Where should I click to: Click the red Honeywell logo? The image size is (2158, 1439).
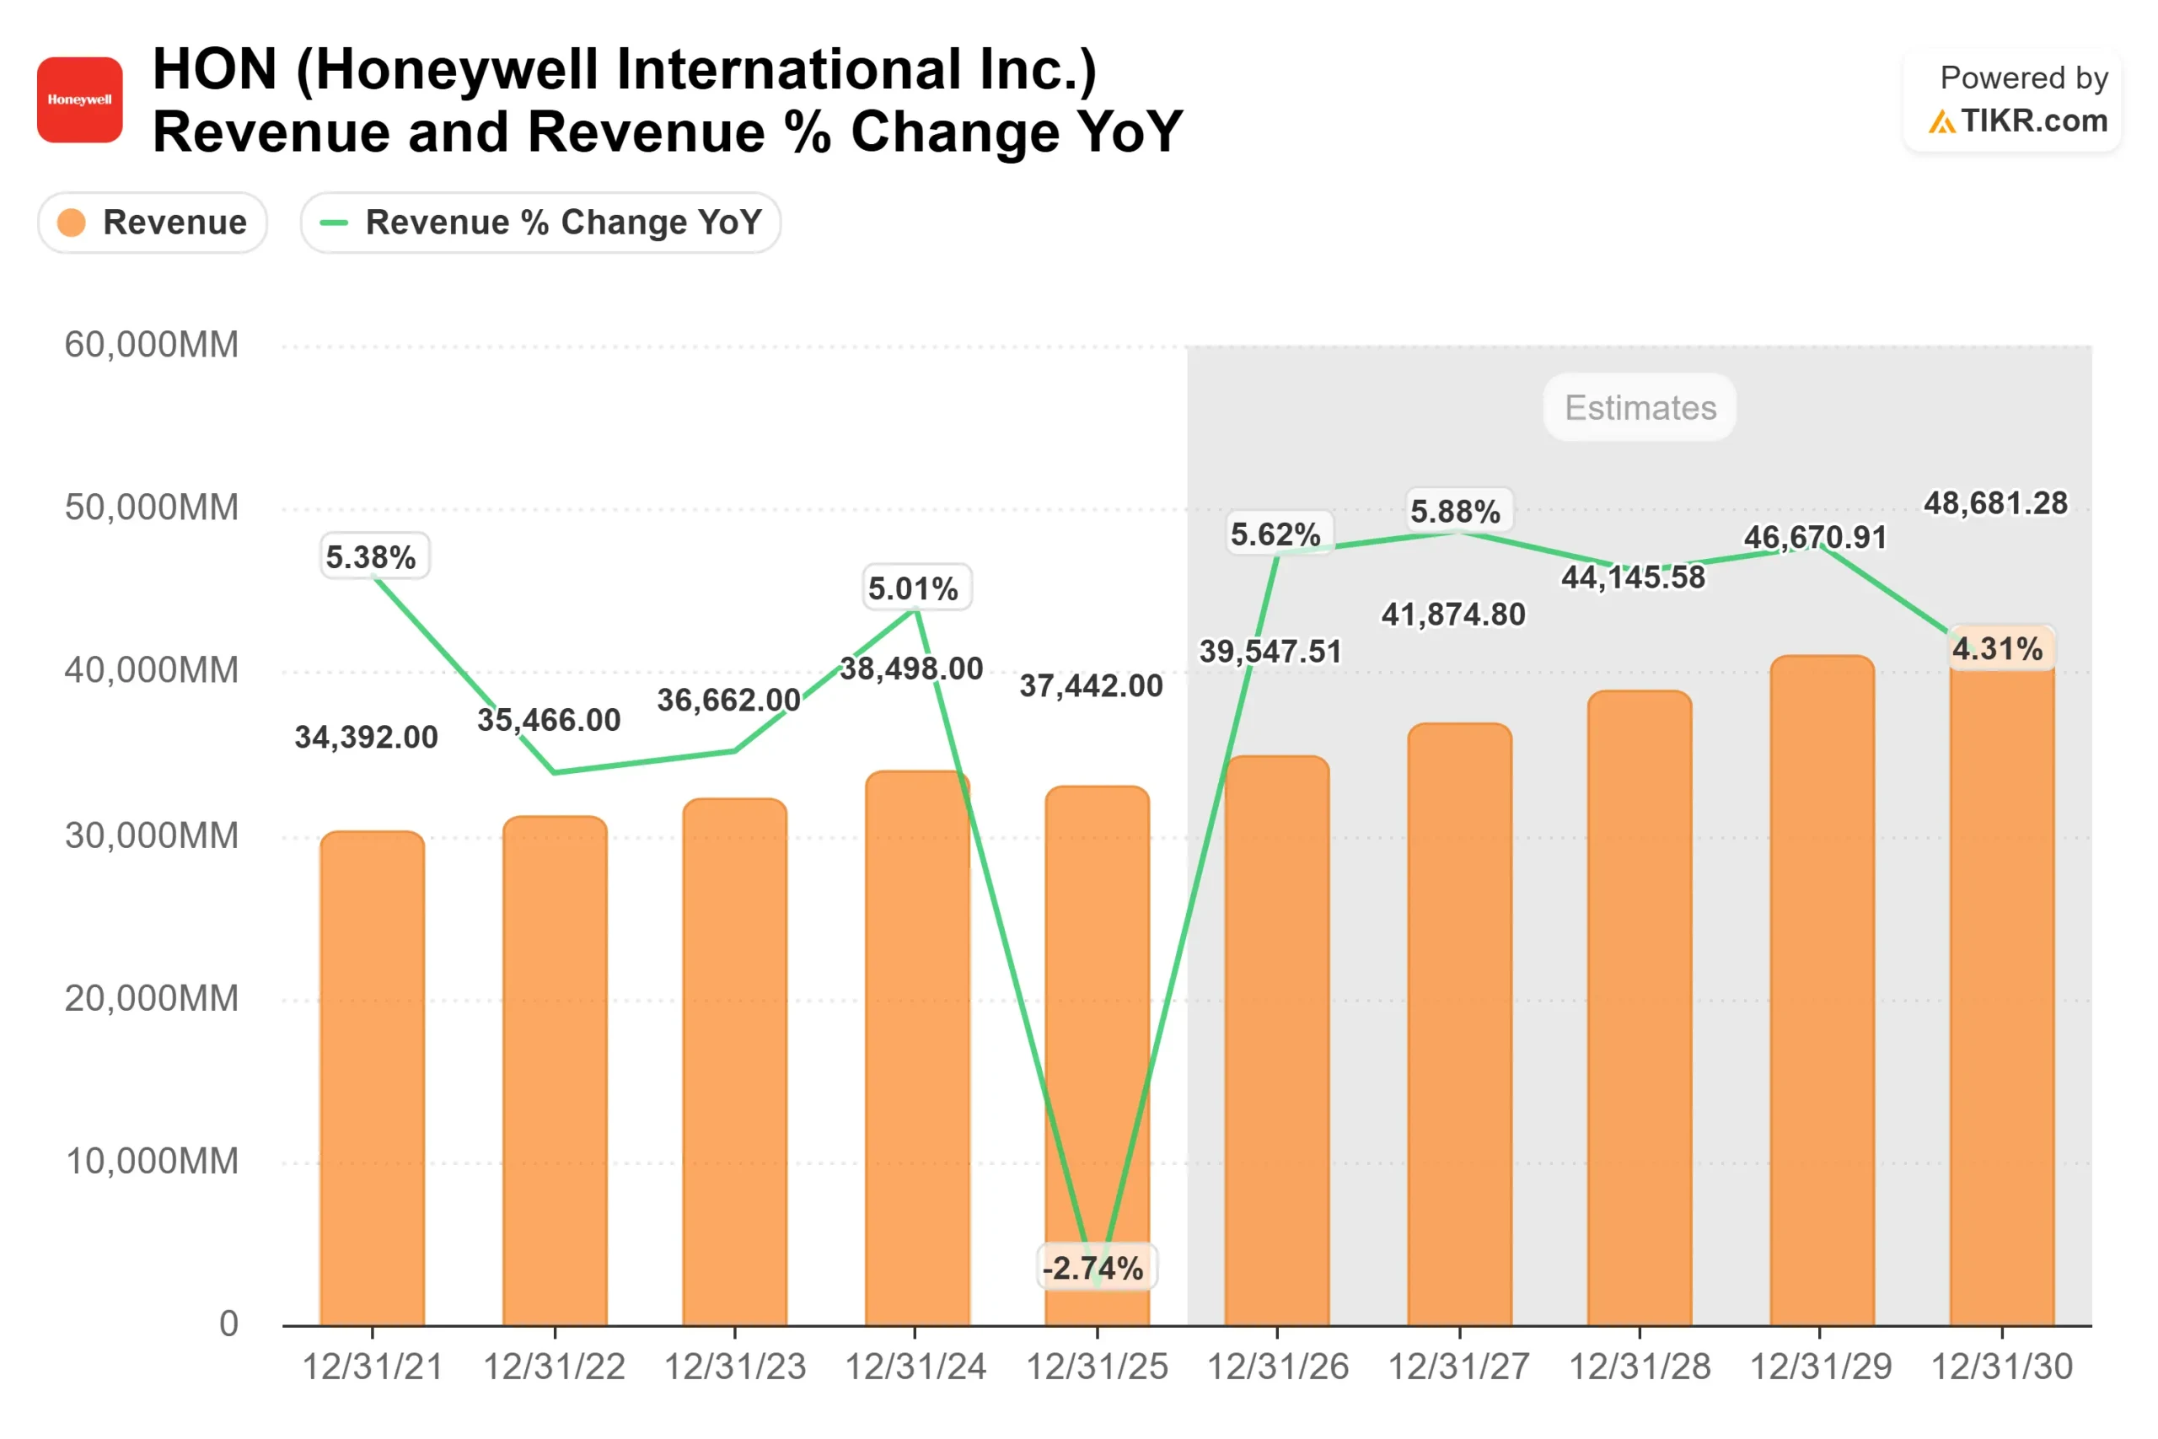[80, 100]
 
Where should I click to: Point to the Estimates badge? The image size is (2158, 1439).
[1640, 407]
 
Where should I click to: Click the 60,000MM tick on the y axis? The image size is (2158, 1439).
[152, 345]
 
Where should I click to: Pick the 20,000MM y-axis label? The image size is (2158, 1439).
[152, 998]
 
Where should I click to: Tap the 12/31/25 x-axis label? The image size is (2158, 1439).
[1097, 1367]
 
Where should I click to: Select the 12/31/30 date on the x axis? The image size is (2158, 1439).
[2001, 1367]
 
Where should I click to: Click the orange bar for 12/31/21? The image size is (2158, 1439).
[373, 1083]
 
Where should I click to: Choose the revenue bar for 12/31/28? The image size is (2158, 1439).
[1640, 1010]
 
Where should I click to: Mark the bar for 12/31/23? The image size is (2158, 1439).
[735, 1065]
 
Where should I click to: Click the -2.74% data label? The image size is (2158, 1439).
[1092, 1269]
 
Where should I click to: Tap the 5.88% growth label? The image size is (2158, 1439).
[1455, 511]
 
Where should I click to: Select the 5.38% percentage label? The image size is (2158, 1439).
[372, 557]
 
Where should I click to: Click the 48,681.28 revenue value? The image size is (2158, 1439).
[1995, 503]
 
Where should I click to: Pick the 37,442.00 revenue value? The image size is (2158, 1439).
[1091, 685]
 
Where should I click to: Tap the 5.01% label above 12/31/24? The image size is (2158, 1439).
[913, 588]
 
